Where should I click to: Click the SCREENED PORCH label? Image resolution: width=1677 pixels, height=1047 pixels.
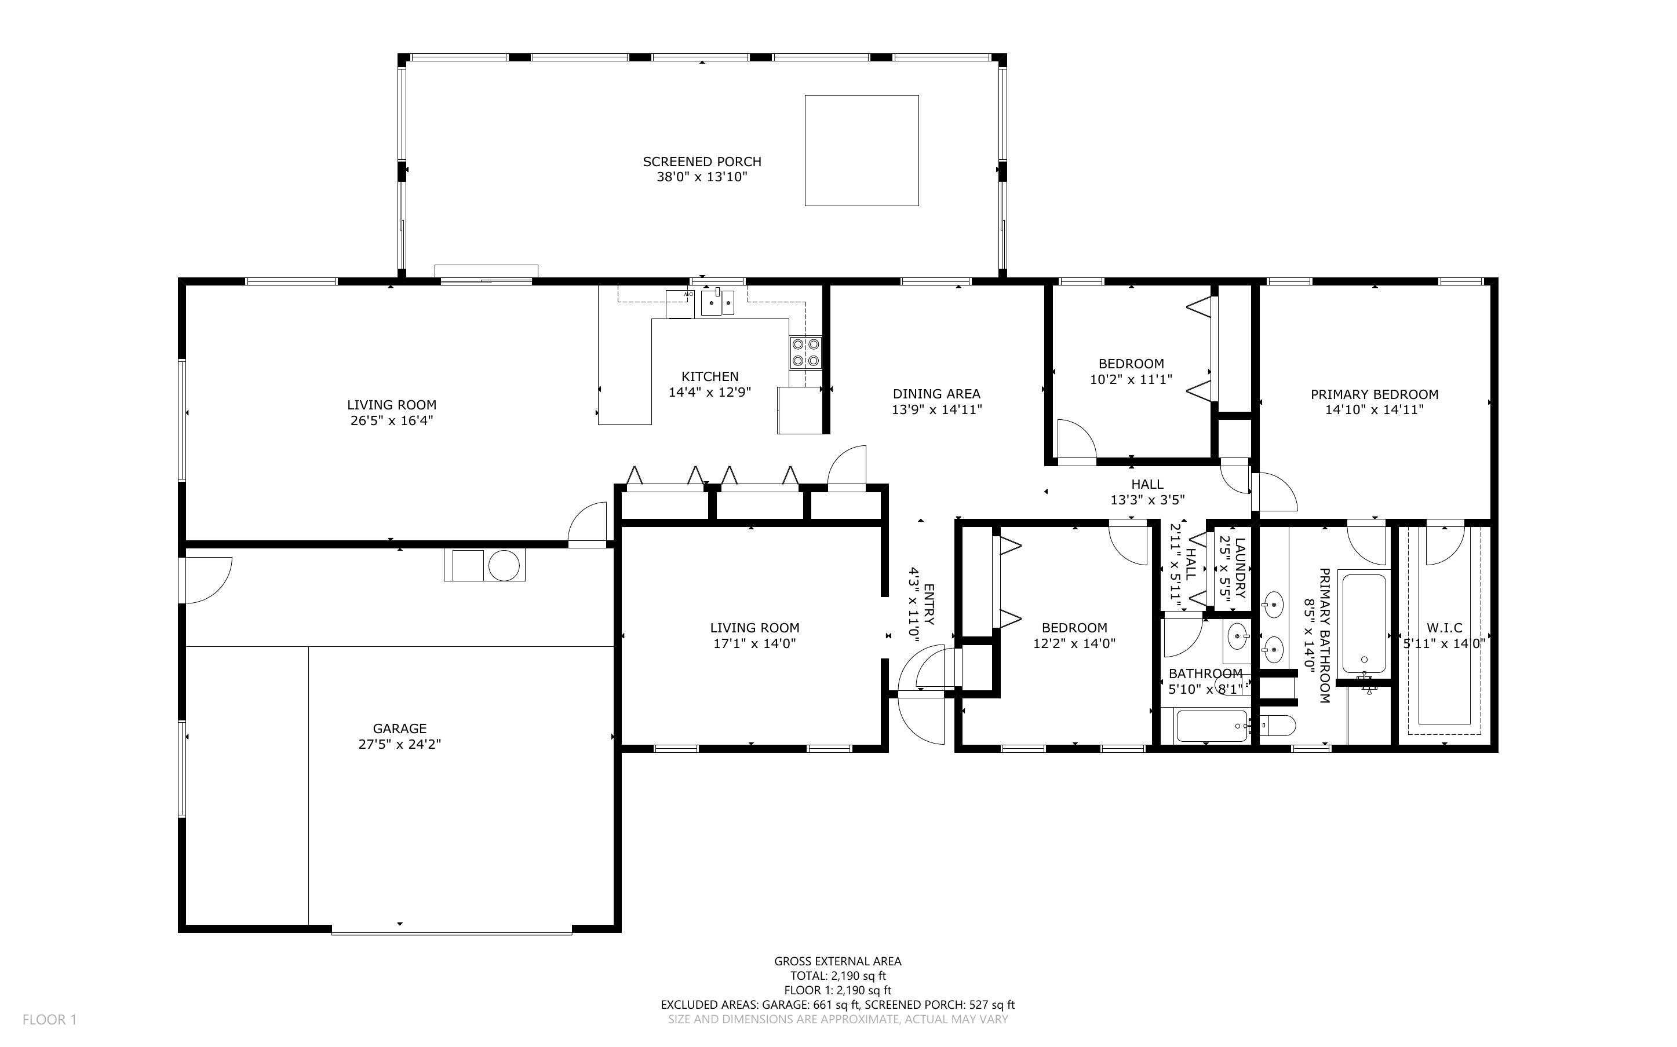tap(702, 162)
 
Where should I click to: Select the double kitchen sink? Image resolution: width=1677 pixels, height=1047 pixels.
tap(717, 303)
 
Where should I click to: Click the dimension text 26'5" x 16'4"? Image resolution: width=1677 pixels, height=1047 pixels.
tap(391, 420)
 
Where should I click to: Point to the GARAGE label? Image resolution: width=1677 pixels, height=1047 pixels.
tap(399, 728)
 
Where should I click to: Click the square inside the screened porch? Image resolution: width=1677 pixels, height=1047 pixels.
tap(861, 150)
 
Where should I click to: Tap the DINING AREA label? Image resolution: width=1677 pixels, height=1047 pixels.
tap(936, 394)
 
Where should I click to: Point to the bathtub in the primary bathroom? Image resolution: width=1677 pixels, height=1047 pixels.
tap(1363, 623)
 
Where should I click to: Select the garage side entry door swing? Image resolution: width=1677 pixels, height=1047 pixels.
tap(206, 579)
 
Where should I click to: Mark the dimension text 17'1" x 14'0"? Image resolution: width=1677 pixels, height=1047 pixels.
tap(754, 643)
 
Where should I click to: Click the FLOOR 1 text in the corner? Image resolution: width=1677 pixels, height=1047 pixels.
tap(49, 1019)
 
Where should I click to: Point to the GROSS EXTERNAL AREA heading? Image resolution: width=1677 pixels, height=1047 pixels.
tap(837, 961)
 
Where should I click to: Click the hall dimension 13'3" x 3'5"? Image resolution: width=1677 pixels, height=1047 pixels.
tap(1147, 500)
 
